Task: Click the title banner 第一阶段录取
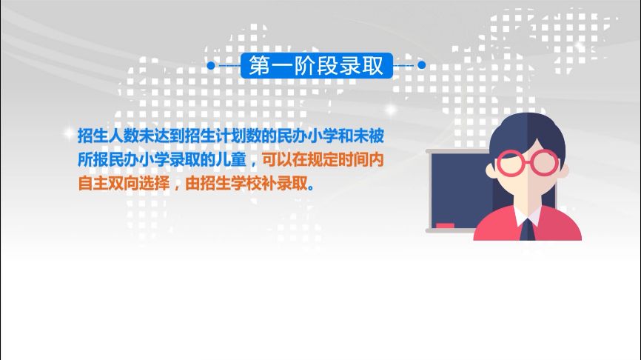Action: point(316,65)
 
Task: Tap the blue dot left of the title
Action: point(211,65)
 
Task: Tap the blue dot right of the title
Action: point(422,65)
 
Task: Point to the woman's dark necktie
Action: point(526,227)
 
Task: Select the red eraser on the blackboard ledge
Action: point(445,224)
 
